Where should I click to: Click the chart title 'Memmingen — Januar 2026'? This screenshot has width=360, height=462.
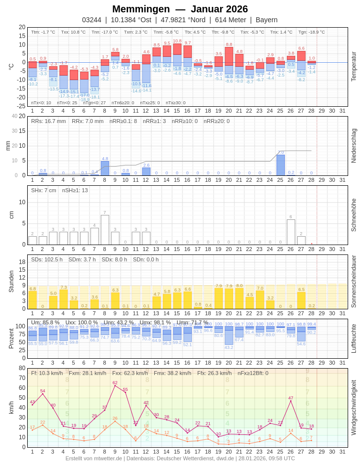(x=180, y=9)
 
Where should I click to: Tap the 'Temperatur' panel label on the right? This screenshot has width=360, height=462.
(x=353, y=66)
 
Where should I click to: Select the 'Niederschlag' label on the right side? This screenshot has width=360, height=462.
(x=353, y=146)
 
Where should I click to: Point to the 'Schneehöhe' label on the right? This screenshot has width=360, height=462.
(x=353, y=215)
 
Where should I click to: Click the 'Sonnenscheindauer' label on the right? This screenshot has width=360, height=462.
(x=353, y=282)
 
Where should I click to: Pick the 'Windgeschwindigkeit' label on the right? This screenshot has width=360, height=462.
(x=353, y=408)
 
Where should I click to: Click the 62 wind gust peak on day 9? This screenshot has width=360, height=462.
(x=115, y=386)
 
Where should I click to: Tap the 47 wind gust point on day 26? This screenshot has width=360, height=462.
(x=291, y=401)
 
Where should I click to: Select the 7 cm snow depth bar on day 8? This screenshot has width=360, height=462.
(x=105, y=230)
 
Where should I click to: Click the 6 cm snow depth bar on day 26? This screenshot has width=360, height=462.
(x=291, y=232)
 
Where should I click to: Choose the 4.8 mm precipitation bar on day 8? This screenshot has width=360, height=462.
(x=105, y=168)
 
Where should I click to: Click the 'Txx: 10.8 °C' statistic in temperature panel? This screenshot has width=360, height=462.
(x=73, y=32)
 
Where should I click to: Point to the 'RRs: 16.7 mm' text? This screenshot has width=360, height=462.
(x=48, y=121)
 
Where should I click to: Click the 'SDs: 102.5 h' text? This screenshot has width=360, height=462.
(x=47, y=259)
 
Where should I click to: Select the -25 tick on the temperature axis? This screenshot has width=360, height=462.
(x=21, y=106)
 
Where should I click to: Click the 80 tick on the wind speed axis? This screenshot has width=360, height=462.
(x=22, y=368)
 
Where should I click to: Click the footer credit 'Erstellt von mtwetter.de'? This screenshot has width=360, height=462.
(x=94, y=458)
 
